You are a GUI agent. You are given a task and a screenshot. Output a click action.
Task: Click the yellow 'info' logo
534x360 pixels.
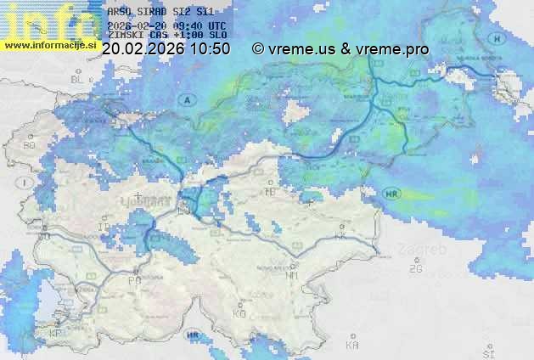[x=48, y=19]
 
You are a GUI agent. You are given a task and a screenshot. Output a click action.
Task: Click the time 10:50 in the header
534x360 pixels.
[x=210, y=49]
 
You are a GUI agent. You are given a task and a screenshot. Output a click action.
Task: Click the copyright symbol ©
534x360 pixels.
[x=258, y=49]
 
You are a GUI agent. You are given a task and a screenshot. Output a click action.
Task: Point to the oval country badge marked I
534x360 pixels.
[x=26, y=183]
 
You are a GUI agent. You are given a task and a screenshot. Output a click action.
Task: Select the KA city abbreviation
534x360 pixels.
[x=352, y=346]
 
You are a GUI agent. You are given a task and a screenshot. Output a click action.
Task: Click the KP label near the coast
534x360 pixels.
[x=56, y=333]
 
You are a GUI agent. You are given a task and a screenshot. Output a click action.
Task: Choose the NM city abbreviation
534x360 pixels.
[x=292, y=275]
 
